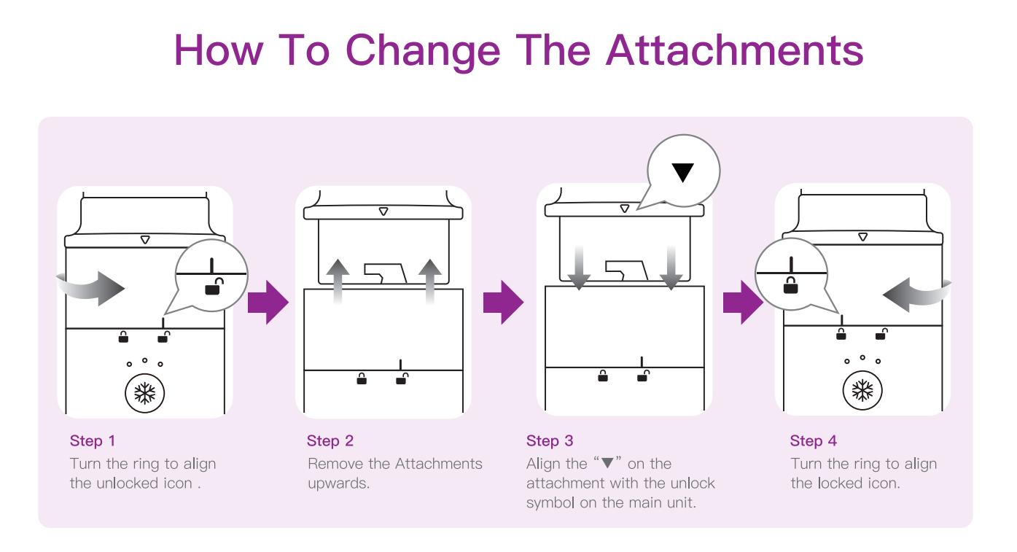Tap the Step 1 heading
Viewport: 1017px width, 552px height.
tap(93, 440)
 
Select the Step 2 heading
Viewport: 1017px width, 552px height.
tap(330, 440)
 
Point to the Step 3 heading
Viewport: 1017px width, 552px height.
tap(550, 440)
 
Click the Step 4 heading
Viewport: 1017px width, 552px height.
tap(813, 440)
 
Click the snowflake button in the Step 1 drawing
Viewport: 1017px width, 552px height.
tap(145, 394)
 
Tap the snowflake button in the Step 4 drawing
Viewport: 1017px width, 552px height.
tap(862, 390)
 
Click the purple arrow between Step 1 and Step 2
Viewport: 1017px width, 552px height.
tap(268, 303)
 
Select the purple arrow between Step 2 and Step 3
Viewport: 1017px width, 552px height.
tap(504, 303)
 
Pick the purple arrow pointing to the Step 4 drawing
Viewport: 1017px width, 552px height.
tap(743, 303)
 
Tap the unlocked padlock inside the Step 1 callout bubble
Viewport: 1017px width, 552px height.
tap(214, 287)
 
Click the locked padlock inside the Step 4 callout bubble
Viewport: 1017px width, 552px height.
tap(791, 285)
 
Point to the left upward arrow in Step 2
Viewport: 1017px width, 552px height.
tap(338, 281)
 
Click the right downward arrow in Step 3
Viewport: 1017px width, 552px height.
tap(671, 268)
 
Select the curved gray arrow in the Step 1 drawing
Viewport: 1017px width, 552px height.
tap(91, 289)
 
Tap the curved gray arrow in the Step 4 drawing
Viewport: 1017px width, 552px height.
tap(917, 295)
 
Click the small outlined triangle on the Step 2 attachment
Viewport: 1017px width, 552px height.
tap(383, 211)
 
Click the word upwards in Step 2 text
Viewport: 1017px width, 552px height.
tap(338, 483)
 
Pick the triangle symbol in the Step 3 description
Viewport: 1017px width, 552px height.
tap(607, 464)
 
